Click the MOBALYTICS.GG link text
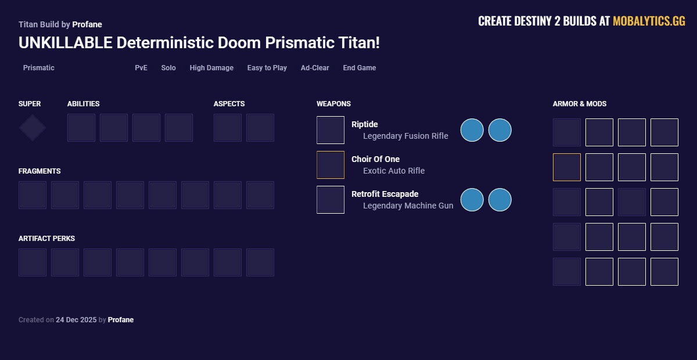coord(649,21)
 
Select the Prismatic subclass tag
coord(38,68)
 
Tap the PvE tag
coord(141,68)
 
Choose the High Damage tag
coord(211,68)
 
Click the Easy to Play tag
coord(267,68)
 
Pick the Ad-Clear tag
coord(315,68)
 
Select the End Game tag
coord(359,68)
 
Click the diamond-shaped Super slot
coord(33,128)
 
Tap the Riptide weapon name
coord(365,124)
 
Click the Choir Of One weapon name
coord(375,159)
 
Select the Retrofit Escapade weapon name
coord(385,194)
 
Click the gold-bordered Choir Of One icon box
coord(330,165)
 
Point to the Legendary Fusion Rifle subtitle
coord(405,136)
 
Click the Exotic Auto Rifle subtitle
coord(394,171)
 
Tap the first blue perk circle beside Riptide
coord(472,130)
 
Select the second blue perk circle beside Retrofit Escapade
coord(500,200)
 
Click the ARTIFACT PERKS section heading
coord(46,239)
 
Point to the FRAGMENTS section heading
coord(39,171)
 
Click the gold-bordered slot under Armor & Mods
coord(567,167)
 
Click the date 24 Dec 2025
coord(76,320)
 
